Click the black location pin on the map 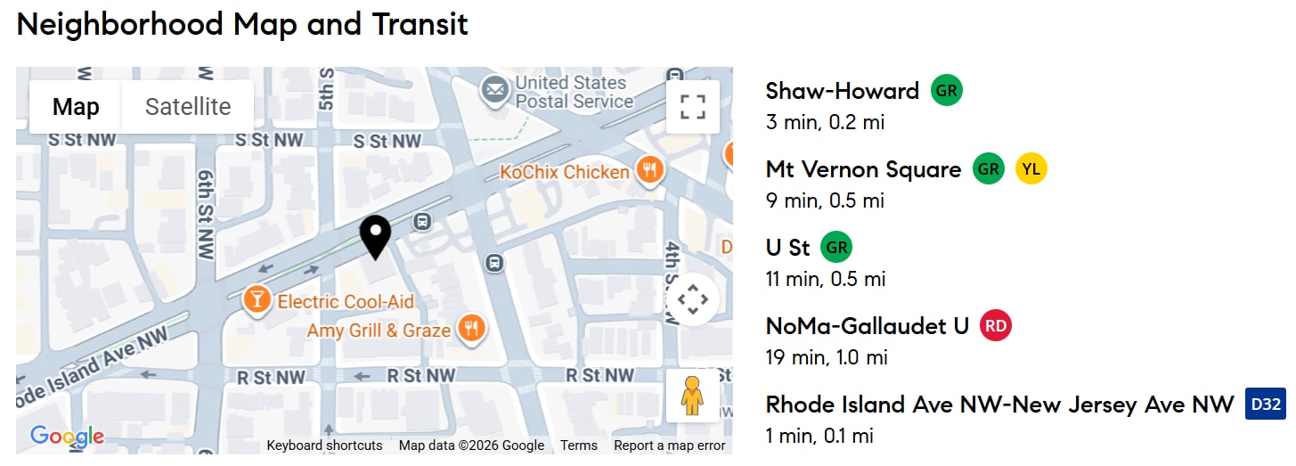[x=376, y=234]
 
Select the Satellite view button [x=188, y=107]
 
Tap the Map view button [x=76, y=107]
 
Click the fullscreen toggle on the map [x=692, y=107]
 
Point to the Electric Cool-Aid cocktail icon [x=257, y=301]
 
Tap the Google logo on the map [x=67, y=437]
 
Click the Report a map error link [x=669, y=446]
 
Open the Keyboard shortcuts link [x=324, y=446]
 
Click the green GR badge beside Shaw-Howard [x=947, y=91]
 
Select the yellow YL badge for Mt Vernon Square [x=1031, y=169]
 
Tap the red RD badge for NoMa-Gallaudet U [x=996, y=326]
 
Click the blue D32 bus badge [x=1265, y=405]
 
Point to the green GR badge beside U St [x=835, y=248]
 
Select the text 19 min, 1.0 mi [x=827, y=358]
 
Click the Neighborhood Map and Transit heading [x=242, y=24]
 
